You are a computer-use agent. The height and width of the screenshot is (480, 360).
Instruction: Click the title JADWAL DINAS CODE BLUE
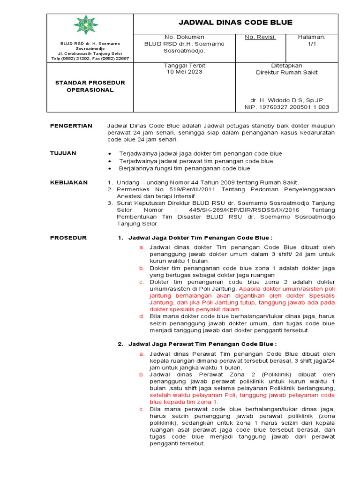point(236,22)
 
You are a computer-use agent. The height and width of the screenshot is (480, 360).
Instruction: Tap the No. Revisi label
point(260,37)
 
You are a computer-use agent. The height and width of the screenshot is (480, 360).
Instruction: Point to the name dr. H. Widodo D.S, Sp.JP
point(286,100)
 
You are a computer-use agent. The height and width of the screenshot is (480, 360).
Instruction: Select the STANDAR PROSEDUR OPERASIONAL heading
point(90,86)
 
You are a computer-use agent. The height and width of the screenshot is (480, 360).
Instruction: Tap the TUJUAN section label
point(63,153)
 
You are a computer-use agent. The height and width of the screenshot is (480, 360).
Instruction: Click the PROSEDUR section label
point(68,238)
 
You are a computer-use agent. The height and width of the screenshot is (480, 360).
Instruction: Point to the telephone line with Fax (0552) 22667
point(90,59)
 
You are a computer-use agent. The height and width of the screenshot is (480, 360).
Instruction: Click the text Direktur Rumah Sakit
point(286,72)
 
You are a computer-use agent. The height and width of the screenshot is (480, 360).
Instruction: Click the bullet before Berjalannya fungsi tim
point(109,168)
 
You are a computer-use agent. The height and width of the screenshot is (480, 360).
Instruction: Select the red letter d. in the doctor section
point(141,316)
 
